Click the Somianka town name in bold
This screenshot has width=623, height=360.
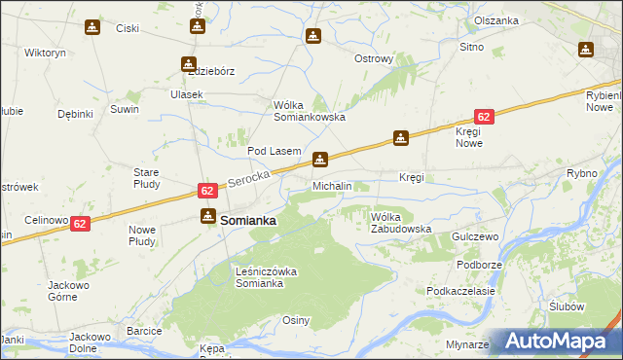coord(248,221)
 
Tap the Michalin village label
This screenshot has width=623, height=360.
coord(332,185)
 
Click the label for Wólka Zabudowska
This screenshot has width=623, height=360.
coord(400,223)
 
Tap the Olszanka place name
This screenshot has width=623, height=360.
coord(496,20)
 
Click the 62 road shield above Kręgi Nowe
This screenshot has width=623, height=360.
coord(484,116)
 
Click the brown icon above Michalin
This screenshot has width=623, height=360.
coord(319,159)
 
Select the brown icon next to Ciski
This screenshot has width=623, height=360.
coord(92,27)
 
